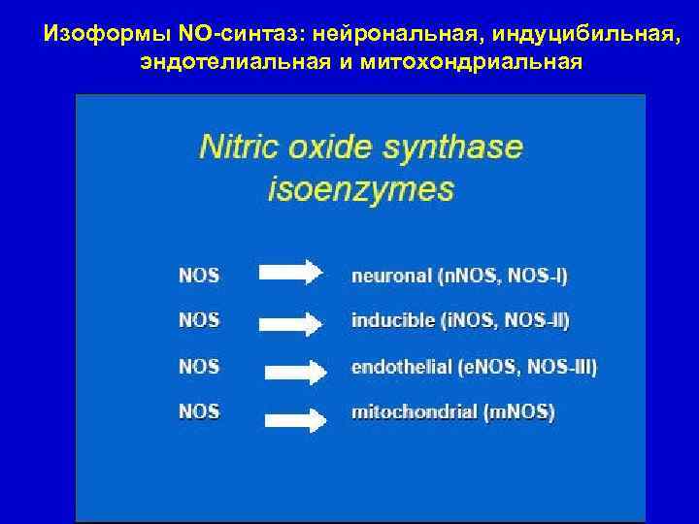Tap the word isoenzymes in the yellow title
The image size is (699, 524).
tap(360, 187)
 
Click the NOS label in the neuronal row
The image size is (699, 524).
tap(199, 274)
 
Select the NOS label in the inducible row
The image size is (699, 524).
tap(199, 319)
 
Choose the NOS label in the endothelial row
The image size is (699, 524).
tap(199, 367)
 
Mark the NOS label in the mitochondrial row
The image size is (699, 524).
tap(199, 411)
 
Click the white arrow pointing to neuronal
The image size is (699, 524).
tap(291, 274)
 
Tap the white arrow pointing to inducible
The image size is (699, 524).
tap(292, 321)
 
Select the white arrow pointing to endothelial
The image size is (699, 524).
tap(299, 370)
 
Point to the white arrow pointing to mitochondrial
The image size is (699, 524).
tap(299, 419)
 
